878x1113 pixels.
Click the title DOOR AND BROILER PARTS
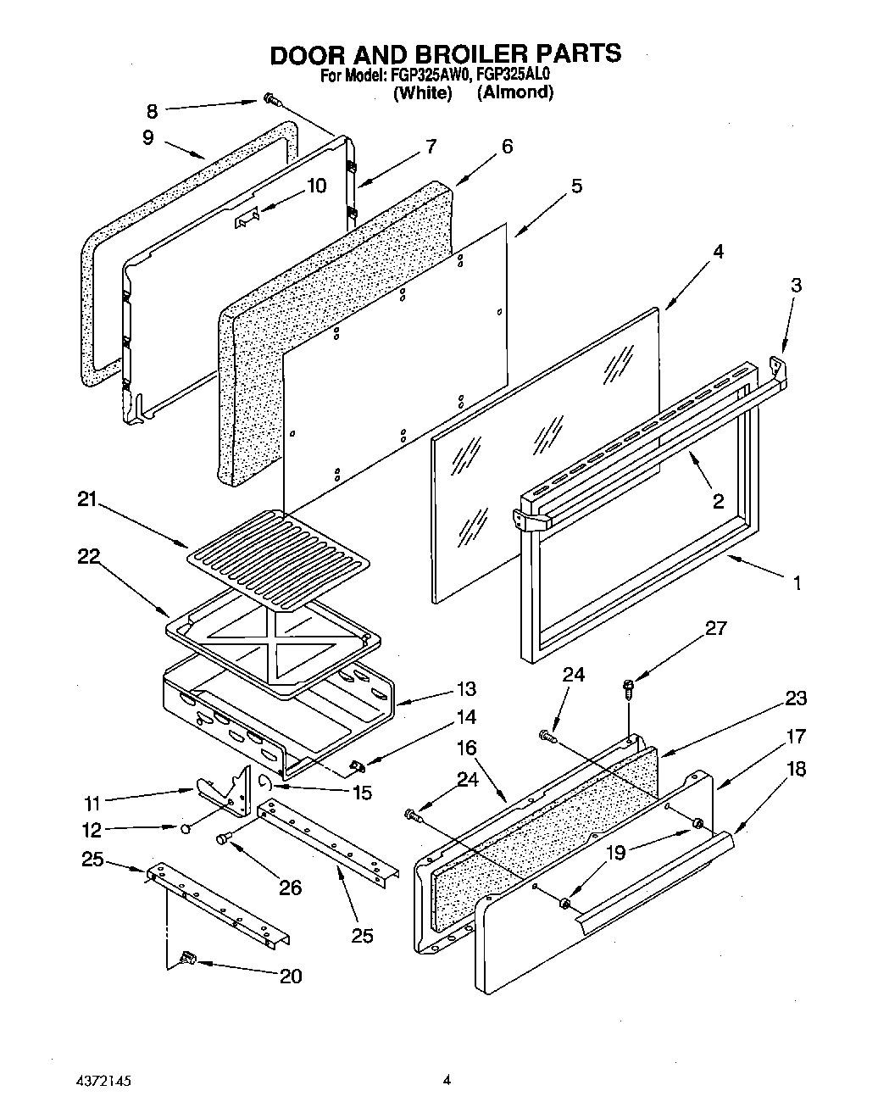tap(445, 53)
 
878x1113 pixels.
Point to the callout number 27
tap(715, 628)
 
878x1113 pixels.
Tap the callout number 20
tap(290, 976)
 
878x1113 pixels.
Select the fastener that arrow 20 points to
tap(186, 959)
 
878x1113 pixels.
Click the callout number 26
tap(290, 888)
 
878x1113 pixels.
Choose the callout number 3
tap(795, 286)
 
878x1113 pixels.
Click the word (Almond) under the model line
tap(515, 92)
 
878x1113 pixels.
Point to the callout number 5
tap(575, 186)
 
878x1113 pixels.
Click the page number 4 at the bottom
tap(445, 1080)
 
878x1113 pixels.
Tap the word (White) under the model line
tap(422, 92)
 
